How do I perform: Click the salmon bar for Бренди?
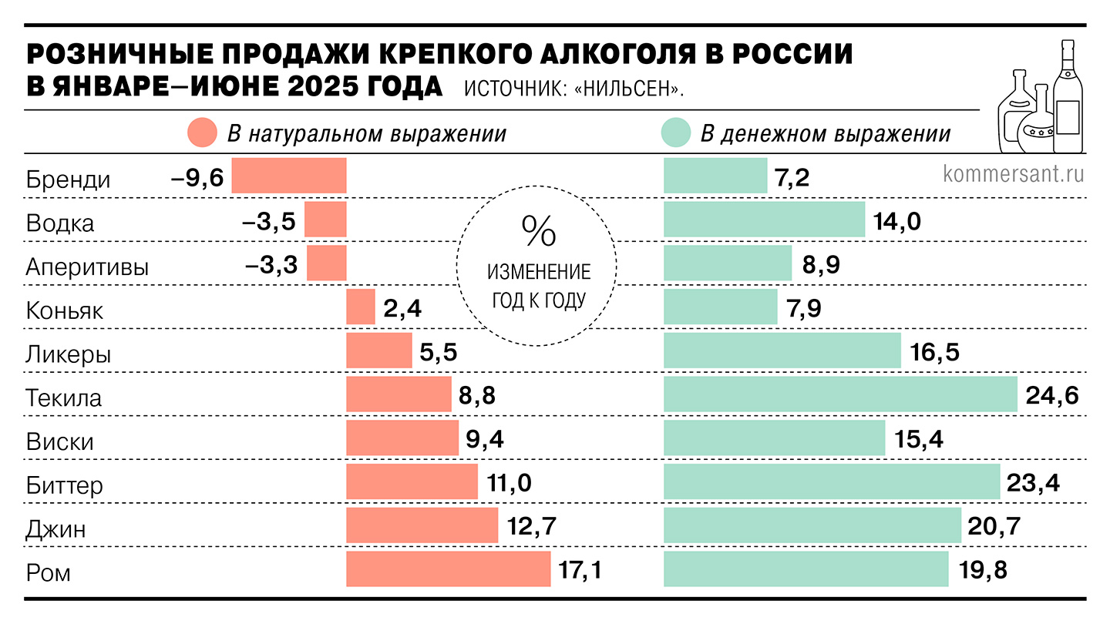(289, 176)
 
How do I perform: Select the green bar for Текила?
(840, 394)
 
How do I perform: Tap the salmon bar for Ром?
(448, 569)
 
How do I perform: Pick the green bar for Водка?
(764, 220)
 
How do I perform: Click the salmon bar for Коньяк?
(361, 307)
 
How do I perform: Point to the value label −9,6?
(197, 179)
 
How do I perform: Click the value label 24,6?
(1051, 396)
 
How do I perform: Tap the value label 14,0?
(897, 222)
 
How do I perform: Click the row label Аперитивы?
(87, 267)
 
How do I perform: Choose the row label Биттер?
(64, 485)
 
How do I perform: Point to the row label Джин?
(55, 529)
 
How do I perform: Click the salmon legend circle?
(202, 133)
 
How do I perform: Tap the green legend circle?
(675, 133)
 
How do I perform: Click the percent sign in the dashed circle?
(537, 230)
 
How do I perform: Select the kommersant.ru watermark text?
(1013, 173)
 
